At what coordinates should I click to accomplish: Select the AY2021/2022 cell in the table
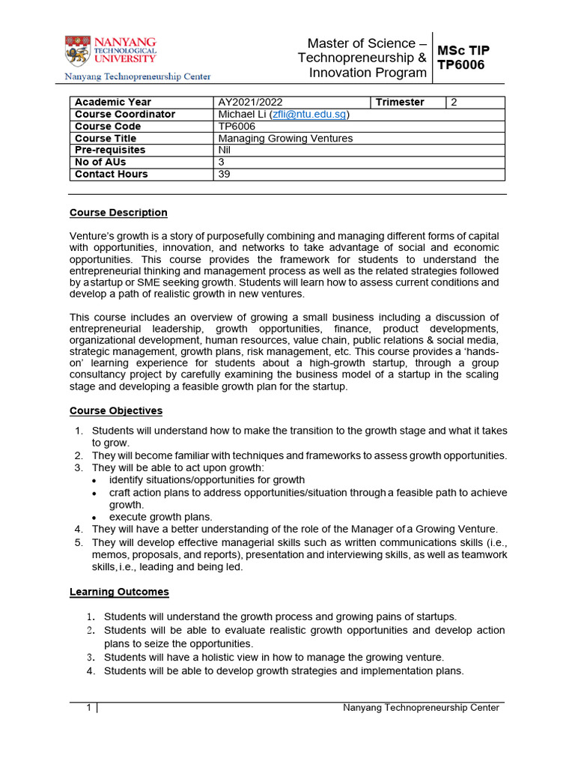pyautogui.click(x=250, y=102)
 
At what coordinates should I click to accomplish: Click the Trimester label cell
pyautogui.click(x=400, y=102)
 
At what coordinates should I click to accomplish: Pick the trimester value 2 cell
pyautogui.click(x=454, y=102)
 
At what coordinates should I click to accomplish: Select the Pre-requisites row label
pyautogui.click(x=110, y=150)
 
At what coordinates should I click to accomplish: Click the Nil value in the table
pyautogui.click(x=225, y=150)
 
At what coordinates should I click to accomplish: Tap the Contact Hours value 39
pyautogui.click(x=225, y=174)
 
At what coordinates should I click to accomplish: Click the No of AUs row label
pyautogui.click(x=100, y=162)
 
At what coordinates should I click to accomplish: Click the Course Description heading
pyautogui.click(x=118, y=213)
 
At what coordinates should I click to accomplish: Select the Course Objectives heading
pyautogui.click(x=116, y=410)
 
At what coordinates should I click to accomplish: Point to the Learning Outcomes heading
pyautogui.click(x=119, y=592)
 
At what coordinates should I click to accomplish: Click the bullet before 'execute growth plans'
pyautogui.click(x=94, y=518)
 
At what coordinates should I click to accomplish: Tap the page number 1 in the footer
pyautogui.click(x=88, y=708)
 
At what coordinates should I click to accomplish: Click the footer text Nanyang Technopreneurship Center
pyautogui.click(x=421, y=708)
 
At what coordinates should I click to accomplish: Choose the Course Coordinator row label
pyautogui.click(x=125, y=114)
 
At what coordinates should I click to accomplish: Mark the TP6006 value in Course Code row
pyautogui.click(x=236, y=126)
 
